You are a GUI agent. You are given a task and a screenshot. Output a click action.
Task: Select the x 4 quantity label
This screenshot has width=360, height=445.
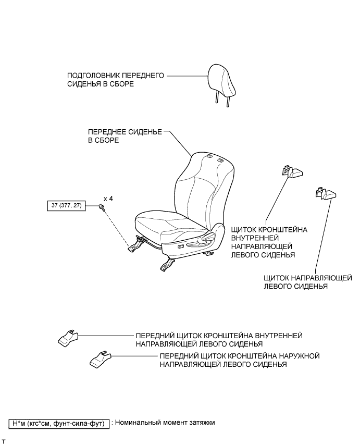[108, 199]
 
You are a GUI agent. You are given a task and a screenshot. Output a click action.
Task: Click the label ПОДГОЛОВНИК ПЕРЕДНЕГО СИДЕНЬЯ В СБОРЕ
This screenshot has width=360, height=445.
[115, 79]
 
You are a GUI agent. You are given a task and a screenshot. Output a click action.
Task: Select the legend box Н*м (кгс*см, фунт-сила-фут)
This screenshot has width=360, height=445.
[58, 423]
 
